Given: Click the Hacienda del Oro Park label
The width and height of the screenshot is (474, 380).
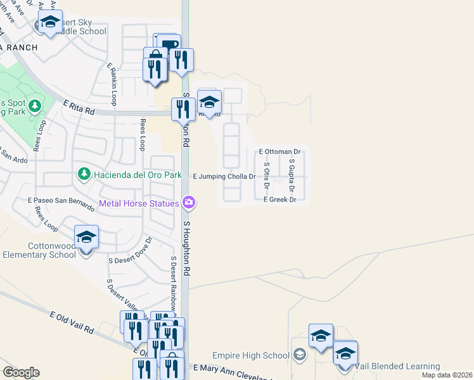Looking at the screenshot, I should click(x=137, y=174).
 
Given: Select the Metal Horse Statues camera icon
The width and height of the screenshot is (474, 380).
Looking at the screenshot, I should click(x=189, y=203).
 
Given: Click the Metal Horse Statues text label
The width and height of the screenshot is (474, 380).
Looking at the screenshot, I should click(x=139, y=203).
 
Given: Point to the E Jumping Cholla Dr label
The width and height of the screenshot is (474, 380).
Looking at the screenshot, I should click(x=224, y=177).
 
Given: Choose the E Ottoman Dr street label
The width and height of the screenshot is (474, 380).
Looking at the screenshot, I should click(x=279, y=152).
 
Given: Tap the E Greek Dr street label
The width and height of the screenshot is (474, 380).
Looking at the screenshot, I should click(x=279, y=199).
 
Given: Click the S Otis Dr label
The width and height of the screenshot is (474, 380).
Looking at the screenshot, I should click(x=267, y=175).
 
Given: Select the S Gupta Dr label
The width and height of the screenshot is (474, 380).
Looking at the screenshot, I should click(x=291, y=175).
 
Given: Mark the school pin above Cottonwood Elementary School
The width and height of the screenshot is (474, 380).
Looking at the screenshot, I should click(x=86, y=238).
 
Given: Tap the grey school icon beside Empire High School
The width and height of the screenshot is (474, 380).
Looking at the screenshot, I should click(x=300, y=355).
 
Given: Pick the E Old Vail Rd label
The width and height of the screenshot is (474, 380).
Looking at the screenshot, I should click(x=72, y=322).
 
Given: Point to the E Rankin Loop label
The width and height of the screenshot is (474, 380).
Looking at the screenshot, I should click(x=112, y=84).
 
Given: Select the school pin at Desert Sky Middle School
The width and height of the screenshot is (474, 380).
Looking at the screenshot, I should click(x=50, y=23).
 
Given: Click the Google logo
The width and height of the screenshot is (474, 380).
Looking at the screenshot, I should click(x=21, y=372).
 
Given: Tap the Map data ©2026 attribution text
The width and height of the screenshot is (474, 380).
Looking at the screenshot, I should click(x=447, y=375).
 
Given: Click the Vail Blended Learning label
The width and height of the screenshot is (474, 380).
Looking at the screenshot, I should click(x=397, y=367).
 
